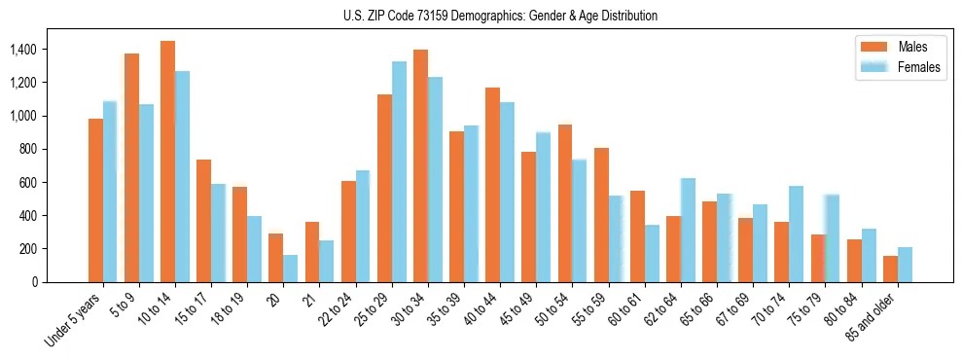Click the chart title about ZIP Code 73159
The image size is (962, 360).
(500, 16)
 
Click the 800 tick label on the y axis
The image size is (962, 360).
(28, 149)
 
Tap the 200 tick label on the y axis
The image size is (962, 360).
(28, 248)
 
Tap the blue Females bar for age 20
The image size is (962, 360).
(291, 269)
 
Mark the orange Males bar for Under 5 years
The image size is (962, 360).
(95, 200)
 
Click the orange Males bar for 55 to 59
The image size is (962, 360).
(601, 215)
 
